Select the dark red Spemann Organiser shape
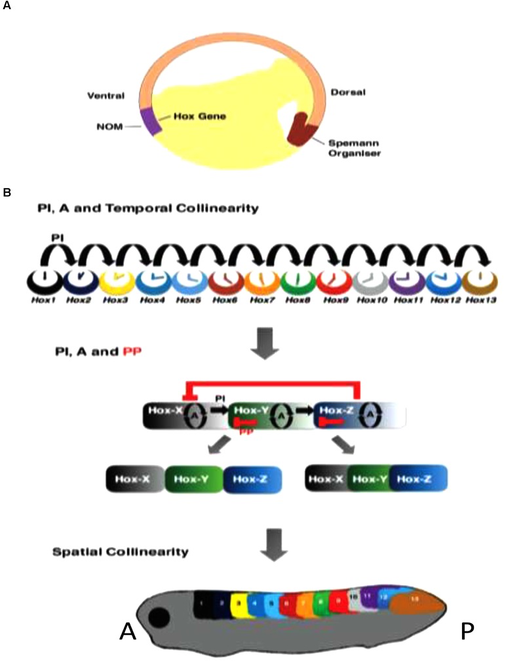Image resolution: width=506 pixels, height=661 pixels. pyautogui.click(x=302, y=128)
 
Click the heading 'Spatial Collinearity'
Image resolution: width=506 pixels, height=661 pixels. pyautogui.click(x=119, y=551)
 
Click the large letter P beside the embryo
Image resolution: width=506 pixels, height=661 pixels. pyautogui.click(x=467, y=631)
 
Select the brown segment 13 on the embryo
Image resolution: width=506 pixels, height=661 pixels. pyautogui.click(x=415, y=599)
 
